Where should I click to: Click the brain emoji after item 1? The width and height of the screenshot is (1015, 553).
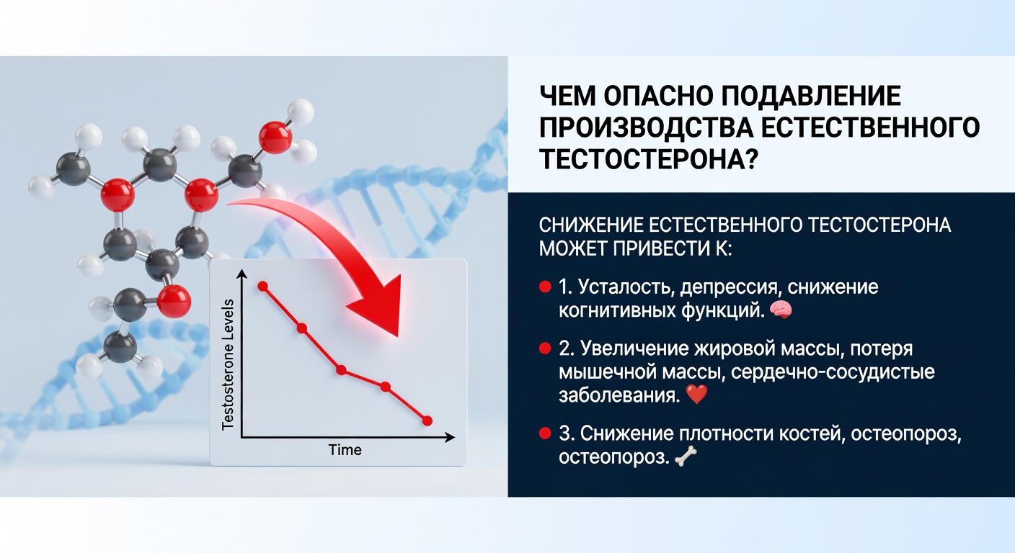pos(781,310)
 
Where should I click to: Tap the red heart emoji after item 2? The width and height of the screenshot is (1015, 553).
pos(697,395)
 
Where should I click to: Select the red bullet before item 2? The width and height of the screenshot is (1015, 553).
pos(545,350)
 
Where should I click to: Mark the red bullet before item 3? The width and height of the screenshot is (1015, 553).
pos(545,434)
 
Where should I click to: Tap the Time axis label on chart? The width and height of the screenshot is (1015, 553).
pos(345,451)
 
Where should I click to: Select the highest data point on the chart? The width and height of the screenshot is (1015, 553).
pos(262,286)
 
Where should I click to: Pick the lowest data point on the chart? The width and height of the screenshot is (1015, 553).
pos(427,420)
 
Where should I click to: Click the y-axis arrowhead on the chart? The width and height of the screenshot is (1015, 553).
pos(241,274)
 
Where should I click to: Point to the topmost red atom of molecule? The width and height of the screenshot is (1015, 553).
pos(275,138)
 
